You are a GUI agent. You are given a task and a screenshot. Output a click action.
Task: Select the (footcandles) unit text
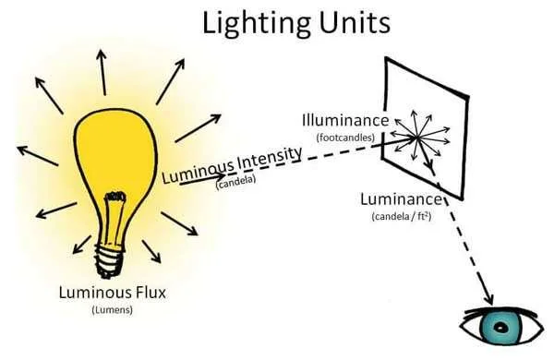[x=344, y=137]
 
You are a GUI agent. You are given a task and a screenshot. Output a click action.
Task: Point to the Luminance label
[x=400, y=199]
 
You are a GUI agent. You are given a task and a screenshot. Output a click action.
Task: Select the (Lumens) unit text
[x=112, y=310]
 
